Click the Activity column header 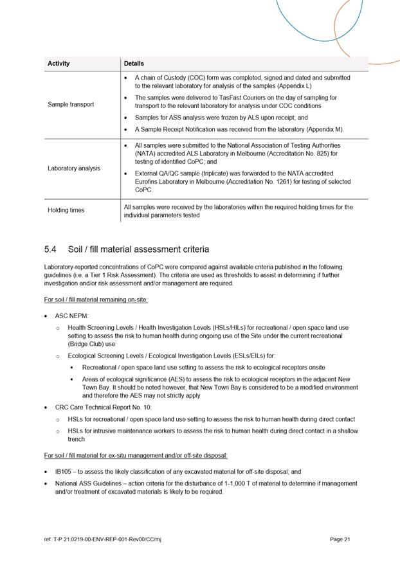59,64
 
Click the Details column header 134,64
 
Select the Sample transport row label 71,104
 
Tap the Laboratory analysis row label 74,168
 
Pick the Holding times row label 66,211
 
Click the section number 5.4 51,249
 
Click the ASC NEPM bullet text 72,316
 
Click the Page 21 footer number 340,539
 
